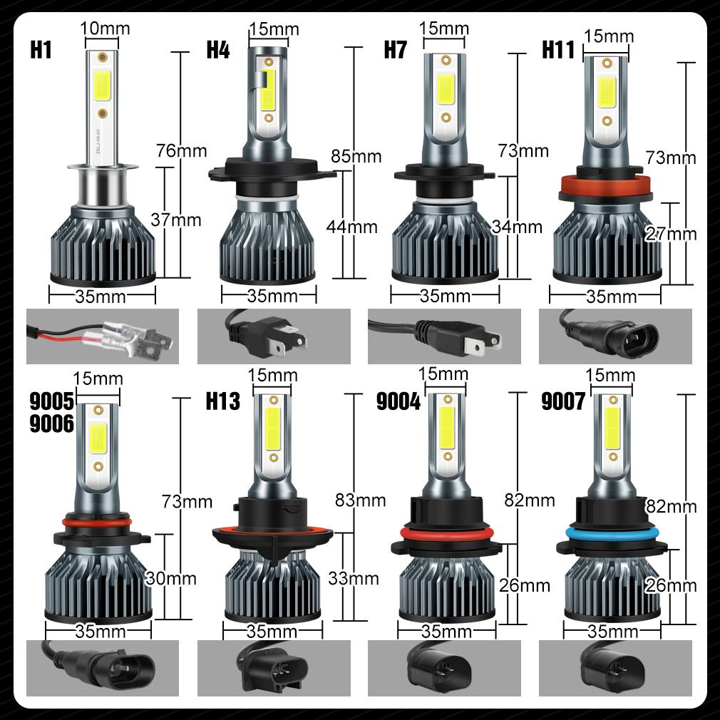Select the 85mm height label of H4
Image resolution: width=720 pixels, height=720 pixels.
(x=356, y=155)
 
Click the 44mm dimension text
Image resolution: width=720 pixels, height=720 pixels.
(x=351, y=227)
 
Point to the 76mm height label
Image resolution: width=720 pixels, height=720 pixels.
(x=182, y=150)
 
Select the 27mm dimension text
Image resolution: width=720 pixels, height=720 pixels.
(x=671, y=233)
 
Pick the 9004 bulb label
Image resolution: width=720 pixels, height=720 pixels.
(x=398, y=402)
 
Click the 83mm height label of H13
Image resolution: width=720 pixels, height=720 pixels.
(x=360, y=500)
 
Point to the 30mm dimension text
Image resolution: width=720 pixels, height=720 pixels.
(x=170, y=578)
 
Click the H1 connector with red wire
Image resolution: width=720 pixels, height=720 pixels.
(x=99, y=337)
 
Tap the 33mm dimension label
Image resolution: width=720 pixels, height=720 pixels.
(x=353, y=578)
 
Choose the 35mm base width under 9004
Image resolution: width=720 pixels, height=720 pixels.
(x=446, y=632)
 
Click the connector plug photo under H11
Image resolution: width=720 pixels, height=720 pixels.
(x=615, y=336)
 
